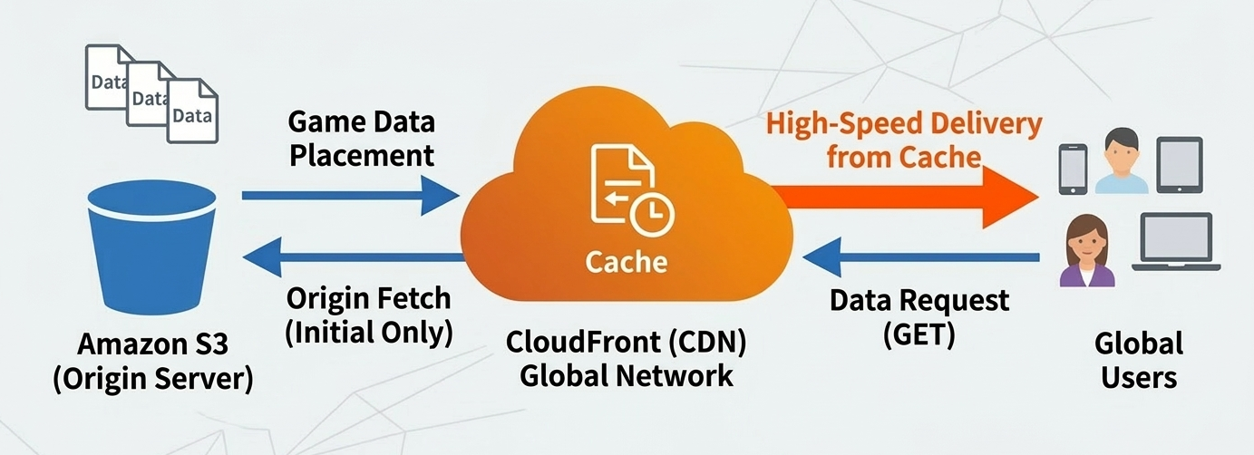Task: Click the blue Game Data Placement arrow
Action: [350, 194]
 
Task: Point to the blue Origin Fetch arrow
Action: [354, 257]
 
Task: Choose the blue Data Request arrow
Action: [921, 257]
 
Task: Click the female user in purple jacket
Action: [1085, 251]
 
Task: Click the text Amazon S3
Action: [152, 344]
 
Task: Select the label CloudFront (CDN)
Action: [626, 343]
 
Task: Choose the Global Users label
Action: [1138, 360]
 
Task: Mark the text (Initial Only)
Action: [368, 332]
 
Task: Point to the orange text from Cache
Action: [904, 157]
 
